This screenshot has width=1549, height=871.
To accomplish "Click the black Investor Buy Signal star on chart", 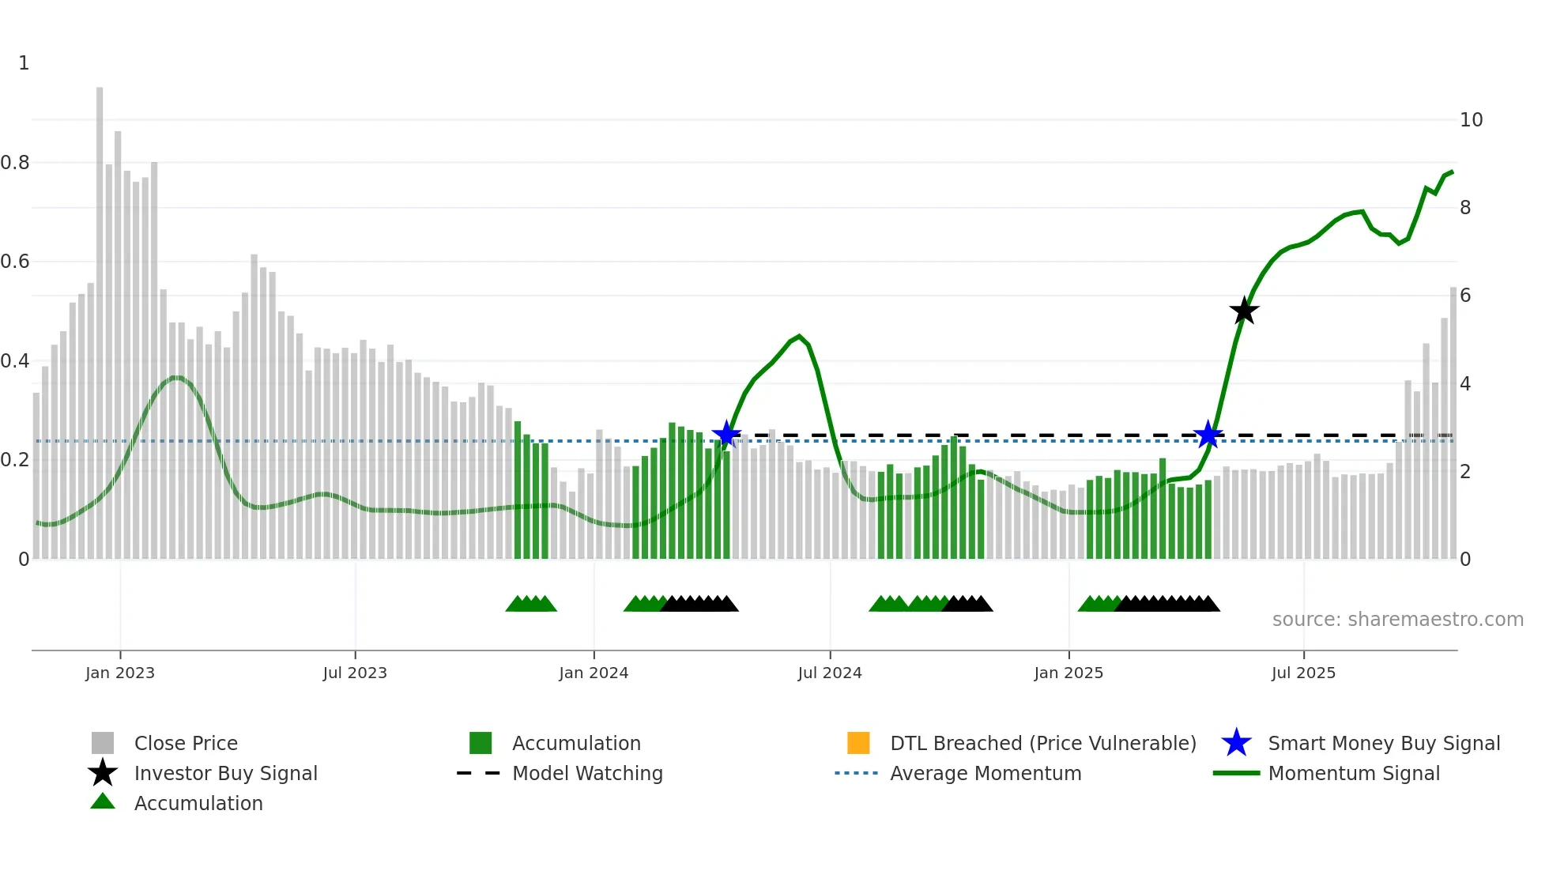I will click(x=1244, y=311).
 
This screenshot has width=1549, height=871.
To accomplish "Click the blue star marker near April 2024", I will click(x=726, y=434).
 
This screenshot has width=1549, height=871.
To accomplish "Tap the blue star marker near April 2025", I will click(x=1208, y=435).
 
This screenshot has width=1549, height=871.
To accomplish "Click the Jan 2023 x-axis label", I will click(x=120, y=673).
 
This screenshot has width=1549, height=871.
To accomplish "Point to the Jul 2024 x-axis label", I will click(x=830, y=673).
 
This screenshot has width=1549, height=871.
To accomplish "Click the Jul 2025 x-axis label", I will click(x=1303, y=673).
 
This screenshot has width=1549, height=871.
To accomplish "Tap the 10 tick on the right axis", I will click(x=1471, y=120).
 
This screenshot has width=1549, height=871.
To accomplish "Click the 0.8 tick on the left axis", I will click(x=15, y=163).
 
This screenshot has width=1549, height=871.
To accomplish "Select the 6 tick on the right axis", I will click(x=1465, y=296).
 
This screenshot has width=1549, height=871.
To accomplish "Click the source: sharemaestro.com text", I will click(x=1397, y=620).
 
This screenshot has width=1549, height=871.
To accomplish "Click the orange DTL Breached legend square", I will click(x=858, y=743).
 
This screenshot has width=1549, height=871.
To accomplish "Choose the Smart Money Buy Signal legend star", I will click(x=1236, y=743).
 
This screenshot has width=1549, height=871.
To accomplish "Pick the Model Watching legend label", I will click(x=587, y=774).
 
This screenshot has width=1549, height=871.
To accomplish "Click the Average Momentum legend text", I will click(x=986, y=774).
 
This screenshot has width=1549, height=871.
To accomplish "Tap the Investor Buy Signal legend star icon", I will click(x=103, y=773).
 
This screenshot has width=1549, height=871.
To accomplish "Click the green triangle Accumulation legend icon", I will click(x=103, y=802).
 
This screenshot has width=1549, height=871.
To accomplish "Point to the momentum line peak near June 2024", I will click(x=799, y=336).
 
